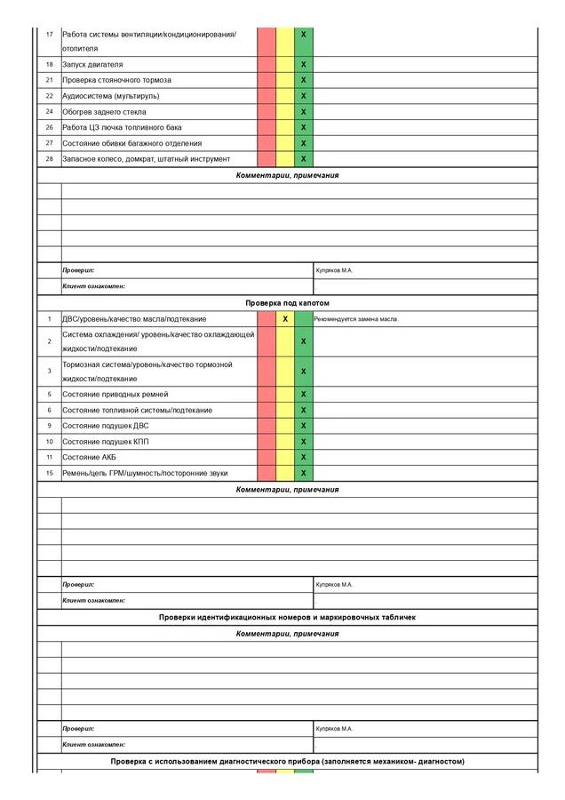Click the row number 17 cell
pyautogui.click(x=49, y=34)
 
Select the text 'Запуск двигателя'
pyautogui.click(x=92, y=65)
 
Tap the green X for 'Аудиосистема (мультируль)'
pyautogui.click(x=304, y=96)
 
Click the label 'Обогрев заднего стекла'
pyautogui.click(x=104, y=112)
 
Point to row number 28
pyautogui.click(x=49, y=159)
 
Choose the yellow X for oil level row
pyautogui.click(x=285, y=318)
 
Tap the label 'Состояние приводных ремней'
pyautogui.click(x=115, y=394)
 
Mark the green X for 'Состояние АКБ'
pyautogui.click(x=304, y=458)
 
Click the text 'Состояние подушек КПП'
pyautogui.click(x=105, y=442)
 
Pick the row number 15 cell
pyautogui.click(x=49, y=473)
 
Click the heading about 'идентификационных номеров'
pyautogui.click(x=287, y=617)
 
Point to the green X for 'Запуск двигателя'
pyautogui.click(x=304, y=65)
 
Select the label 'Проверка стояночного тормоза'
pyautogui.click(x=116, y=80)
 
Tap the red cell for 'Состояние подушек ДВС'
pyautogui.click(x=267, y=426)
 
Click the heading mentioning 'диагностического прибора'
pyautogui.click(x=287, y=762)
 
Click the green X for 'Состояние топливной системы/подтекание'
pyautogui.click(x=304, y=410)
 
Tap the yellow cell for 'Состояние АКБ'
pyautogui.click(x=285, y=458)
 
